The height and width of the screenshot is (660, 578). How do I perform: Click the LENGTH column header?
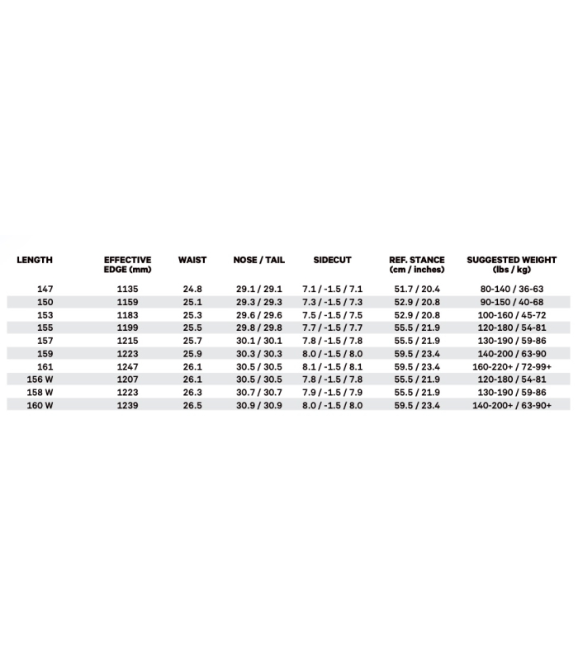pyautogui.click(x=35, y=260)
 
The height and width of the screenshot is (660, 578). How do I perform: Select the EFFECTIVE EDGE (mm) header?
pyautogui.click(x=127, y=264)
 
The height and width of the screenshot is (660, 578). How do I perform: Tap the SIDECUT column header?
pyautogui.click(x=332, y=260)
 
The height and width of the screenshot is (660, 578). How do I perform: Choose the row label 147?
pyautogui.click(x=45, y=290)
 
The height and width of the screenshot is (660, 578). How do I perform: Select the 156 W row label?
pyautogui.click(x=40, y=379)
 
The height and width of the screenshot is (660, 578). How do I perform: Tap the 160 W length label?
pyautogui.click(x=40, y=405)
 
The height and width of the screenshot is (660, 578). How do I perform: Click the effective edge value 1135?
pyautogui.click(x=127, y=290)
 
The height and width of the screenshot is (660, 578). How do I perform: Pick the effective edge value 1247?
pyautogui.click(x=127, y=366)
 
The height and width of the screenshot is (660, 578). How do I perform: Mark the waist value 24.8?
pyautogui.click(x=192, y=290)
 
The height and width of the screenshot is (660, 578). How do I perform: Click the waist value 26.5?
pyautogui.click(x=192, y=405)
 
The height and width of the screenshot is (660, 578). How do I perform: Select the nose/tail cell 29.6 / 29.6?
pyautogui.click(x=258, y=315)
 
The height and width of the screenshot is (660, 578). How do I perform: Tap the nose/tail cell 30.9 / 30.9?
pyautogui.click(x=258, y=405)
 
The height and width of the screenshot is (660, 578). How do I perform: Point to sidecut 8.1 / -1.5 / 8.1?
pyautogui.click(x=332, y=366)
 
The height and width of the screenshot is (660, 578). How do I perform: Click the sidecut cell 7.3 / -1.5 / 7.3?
pyautogui.click(x=332, y=302)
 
